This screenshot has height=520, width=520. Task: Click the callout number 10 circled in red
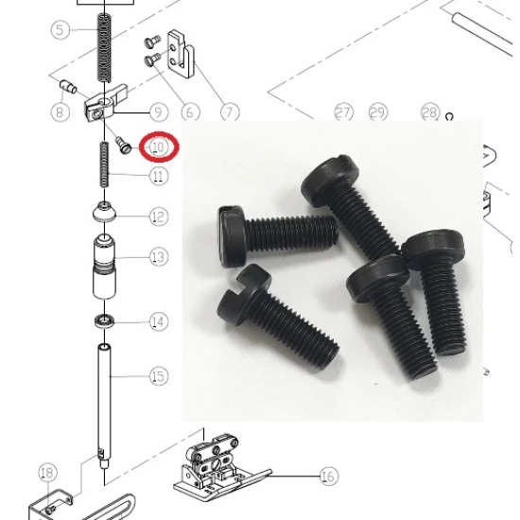(159, 147)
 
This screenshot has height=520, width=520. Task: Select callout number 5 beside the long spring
(60, 30)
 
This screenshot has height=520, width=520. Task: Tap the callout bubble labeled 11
(159, 176)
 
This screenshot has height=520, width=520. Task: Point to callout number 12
(159, 217)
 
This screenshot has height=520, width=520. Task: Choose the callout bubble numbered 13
(159, 256)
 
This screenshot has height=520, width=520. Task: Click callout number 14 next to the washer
(159, 321)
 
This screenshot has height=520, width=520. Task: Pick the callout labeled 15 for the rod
(159, 376)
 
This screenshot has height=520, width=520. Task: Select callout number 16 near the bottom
(329, 477)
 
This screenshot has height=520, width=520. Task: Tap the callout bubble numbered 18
(48, 473)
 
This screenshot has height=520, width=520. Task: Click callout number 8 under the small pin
(60, 112)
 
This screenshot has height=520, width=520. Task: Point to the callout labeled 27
(343, 113)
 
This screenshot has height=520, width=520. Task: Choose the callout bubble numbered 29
(378, 113)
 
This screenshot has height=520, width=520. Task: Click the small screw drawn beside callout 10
(123, 146)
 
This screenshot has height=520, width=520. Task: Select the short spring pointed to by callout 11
(104, 165)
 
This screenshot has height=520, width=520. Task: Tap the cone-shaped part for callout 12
(104, 212)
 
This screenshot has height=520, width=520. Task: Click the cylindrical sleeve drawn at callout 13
(104, 267)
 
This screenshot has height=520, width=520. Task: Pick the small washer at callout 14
(104, 321)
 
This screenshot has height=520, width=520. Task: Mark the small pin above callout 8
(68, 87)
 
